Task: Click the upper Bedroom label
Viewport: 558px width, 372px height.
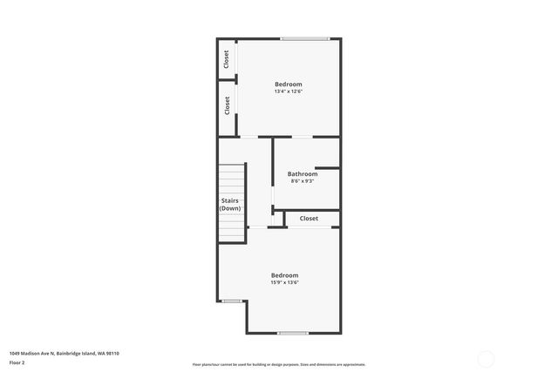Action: (288, 84)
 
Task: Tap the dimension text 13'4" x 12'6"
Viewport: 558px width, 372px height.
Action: (288, 91)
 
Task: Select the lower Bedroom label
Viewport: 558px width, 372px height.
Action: (284, 274)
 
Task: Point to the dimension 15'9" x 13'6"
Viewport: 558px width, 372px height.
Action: (284, 282)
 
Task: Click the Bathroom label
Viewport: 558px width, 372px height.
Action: (303, 173)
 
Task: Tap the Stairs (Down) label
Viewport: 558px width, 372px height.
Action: (230, 205)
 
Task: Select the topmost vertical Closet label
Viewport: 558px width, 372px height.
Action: (227, 59)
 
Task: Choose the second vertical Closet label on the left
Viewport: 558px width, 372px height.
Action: (227, 105)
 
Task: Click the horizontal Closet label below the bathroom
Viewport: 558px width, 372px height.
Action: (309, 219)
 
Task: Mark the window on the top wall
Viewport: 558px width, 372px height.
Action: (305, 37)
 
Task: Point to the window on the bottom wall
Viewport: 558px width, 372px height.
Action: (293, 333)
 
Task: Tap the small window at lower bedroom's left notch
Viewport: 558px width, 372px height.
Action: (232, 301)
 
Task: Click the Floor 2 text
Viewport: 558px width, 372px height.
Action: (17, 362)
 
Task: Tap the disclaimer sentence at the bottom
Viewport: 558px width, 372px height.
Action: (279, 364)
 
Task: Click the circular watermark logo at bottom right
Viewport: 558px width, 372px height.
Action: (487, 358)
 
